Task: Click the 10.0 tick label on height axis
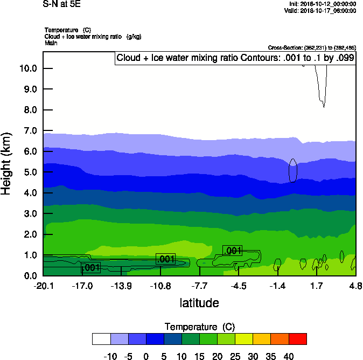pyautogui.click(x=27, y=68)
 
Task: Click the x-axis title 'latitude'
pyautogui.click(x=199, y=303)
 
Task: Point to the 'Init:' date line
pyautogui.click(x=322, y=4)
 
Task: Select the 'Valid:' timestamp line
pyautogui.click(x=320, y=10)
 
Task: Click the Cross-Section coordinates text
pyautogui.click(x=311, y=47)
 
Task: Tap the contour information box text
pyautogui.click(x=235, y=58)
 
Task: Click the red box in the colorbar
pyautogui.click(x=297, y=338)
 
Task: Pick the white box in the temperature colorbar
pyautogui.click(x=102, y=338)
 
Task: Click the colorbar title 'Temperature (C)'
pyautogui.click(x=199, y=327)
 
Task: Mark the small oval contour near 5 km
pyautogui.click(x=293, y=170)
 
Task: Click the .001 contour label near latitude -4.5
pyautogui.click(x=232, y=251)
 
